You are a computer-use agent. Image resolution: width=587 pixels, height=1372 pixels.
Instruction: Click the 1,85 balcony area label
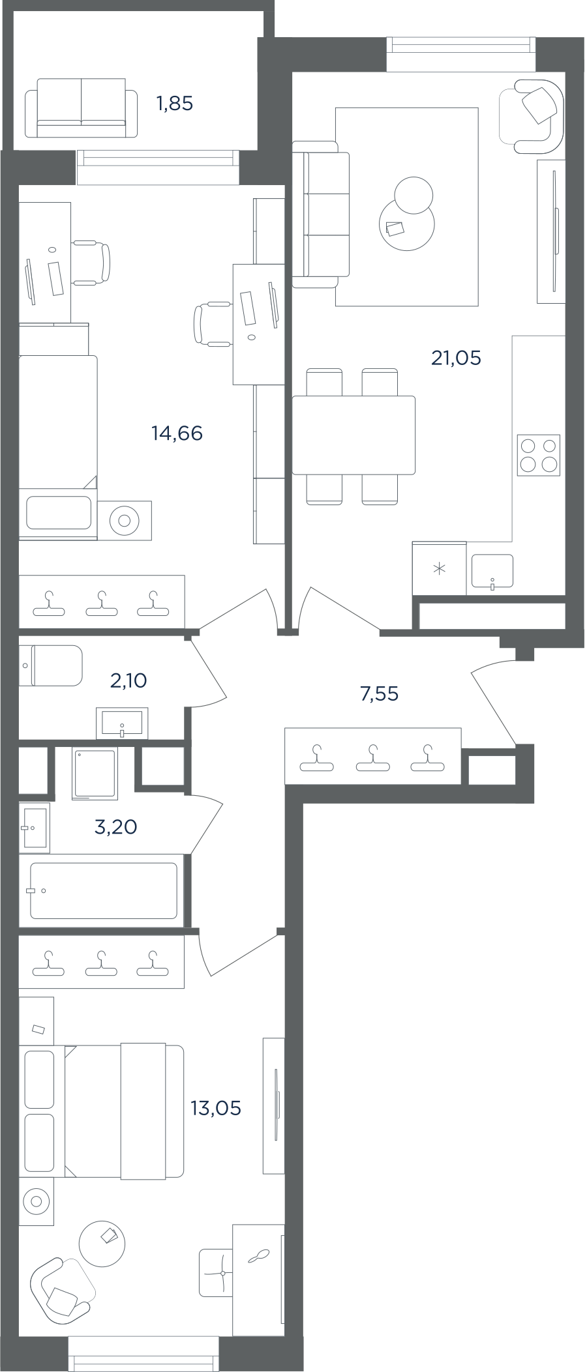tap(175, 104)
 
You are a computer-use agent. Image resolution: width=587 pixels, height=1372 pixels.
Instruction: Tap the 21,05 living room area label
tap(456, 358)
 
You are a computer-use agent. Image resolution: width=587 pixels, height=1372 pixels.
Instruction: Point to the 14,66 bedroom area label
tap(177, 433)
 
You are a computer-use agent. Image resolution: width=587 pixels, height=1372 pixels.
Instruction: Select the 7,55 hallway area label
tap(379, 693)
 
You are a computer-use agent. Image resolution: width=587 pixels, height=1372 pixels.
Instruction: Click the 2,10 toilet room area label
tap(128, 680)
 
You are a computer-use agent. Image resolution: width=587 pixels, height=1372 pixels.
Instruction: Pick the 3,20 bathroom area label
tap(115, 827)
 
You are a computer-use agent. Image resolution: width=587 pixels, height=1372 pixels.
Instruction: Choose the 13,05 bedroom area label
tap(215, 1108)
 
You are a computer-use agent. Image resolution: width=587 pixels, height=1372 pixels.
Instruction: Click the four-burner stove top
tap(539, 455)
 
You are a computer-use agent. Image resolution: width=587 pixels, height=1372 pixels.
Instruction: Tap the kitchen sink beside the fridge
tap(492, 572)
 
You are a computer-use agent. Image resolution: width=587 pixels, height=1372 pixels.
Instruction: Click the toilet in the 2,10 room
tap(51, 665)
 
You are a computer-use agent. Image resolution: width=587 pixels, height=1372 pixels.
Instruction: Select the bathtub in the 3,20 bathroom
tap(103, 890)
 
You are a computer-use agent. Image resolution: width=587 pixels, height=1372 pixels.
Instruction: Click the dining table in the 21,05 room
tap(354, 435)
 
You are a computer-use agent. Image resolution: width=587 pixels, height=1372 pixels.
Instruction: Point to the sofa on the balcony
tap(82, 108)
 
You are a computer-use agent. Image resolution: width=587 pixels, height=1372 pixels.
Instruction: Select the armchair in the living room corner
tap(532, 116)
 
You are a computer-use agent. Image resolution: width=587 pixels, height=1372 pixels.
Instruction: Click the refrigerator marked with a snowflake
tap(440, 569)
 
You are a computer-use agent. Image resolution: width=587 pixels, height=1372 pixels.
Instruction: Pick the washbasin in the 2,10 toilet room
tap(122, 723)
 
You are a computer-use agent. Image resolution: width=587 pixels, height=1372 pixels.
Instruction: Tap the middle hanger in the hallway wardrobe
tap(372, 758)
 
